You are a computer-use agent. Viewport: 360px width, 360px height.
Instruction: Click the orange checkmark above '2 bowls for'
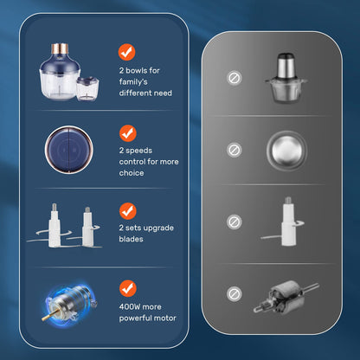[126, 52]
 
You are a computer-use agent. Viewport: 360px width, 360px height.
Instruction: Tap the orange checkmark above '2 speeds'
[128, 133]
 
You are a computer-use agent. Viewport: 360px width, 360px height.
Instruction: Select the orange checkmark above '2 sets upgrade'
[128, 211]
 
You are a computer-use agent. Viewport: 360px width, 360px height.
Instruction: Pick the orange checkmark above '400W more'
[128, 288]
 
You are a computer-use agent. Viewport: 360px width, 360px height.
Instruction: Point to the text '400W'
[129, 306]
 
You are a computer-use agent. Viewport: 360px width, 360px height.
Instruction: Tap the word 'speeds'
[138, 151]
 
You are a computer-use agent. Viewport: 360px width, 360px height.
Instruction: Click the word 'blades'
[131, 239]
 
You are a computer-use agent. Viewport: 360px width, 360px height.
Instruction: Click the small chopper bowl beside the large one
[87, 89]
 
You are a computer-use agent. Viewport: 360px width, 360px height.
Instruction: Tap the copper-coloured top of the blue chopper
[60, 48]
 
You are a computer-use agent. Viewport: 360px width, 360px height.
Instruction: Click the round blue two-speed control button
[69, 150]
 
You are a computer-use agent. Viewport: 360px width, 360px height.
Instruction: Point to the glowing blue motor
[71, 305]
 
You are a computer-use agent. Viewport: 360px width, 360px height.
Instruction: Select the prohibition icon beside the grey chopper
[234, 78]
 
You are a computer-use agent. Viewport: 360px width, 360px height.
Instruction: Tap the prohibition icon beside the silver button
[234, 150]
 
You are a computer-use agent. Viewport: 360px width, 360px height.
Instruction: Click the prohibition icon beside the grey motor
[234, 294]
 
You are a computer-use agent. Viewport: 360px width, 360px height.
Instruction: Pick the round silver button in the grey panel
[286, 150]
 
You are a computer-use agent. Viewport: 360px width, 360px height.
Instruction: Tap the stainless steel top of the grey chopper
[286, 66]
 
